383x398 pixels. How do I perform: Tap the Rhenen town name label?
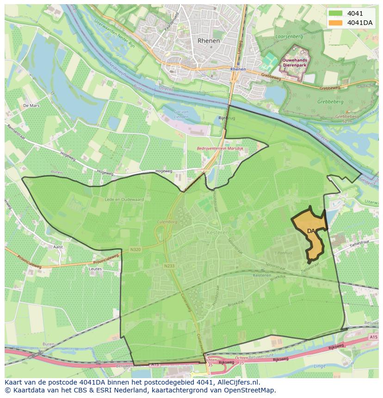tap(209, 41)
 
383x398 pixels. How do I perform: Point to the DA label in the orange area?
tap(311, 231)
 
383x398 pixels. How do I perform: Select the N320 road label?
tap(135, 250)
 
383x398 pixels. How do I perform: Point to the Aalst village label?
tap(58, 247)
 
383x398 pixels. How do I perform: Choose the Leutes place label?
tap(95, 269)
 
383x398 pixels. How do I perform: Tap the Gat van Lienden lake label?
tap(181, 114)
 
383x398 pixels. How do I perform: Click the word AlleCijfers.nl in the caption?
tap(238, 383)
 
